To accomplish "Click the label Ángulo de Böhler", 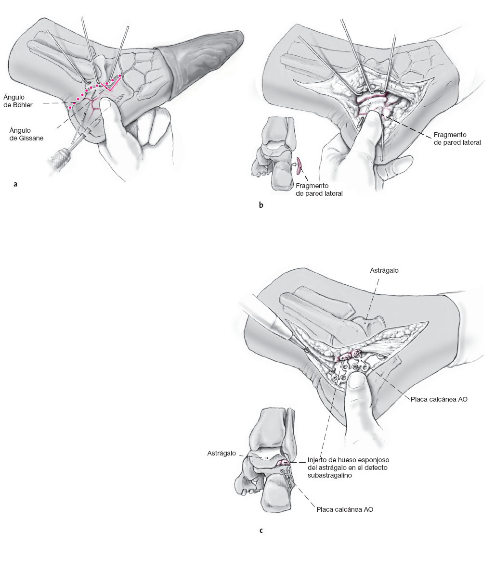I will [18, 101].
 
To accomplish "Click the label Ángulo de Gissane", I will [26, 133].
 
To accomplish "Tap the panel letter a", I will [16, 183].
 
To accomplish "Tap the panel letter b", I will [261, 205].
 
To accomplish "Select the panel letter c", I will [261, 531].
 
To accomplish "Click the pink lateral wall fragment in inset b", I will [300, 165].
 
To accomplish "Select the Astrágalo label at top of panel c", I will [384, 270].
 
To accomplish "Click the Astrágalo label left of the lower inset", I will [221, 453].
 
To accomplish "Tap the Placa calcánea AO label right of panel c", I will [439, 399].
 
